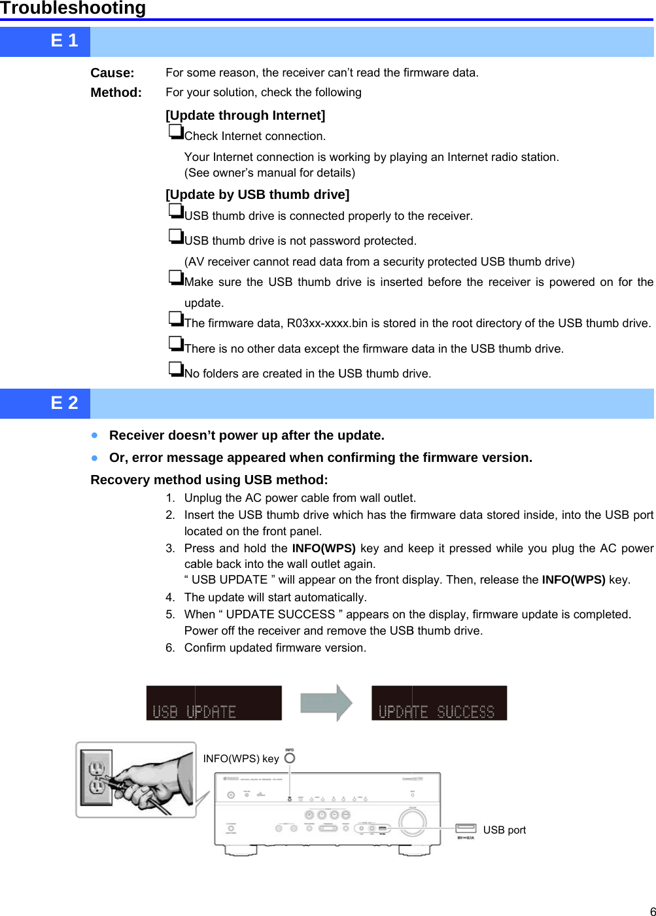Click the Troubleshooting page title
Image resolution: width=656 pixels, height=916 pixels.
[x=73, y=9]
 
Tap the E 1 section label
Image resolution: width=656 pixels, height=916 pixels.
[x=64, y=41]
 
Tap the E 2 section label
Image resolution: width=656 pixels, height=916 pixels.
[x=64, y=403]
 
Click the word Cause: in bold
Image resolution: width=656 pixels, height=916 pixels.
[x=112, y=73]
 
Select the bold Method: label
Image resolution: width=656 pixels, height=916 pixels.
[x=116, y=93]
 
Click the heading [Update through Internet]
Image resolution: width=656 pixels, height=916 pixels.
[x=245, y=116]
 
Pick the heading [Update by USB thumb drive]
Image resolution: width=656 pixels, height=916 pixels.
[x=257, y=195]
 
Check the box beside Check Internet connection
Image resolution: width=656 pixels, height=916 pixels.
[x=175, y=132]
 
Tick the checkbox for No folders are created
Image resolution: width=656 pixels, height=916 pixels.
[x=175, y=369]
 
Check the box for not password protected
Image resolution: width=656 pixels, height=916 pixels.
[x=175, y=236]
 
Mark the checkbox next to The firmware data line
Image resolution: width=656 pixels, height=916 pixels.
[x=175, y=319]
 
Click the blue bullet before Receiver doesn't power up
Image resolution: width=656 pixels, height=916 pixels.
[x=95, y=435]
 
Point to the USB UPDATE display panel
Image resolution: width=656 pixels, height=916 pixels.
[x=214, y=703]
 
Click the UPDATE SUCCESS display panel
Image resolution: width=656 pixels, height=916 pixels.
[x=439, y=703]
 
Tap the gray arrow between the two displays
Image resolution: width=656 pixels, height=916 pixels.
[x=326, y=703]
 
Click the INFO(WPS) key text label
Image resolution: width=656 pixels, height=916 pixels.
[x=241, y=759]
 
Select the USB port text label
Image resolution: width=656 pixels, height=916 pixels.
[x=504, y=830]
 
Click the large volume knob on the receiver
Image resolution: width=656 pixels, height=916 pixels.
[x=412, y=822]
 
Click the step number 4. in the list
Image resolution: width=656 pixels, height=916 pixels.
[x=170, y=597]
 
